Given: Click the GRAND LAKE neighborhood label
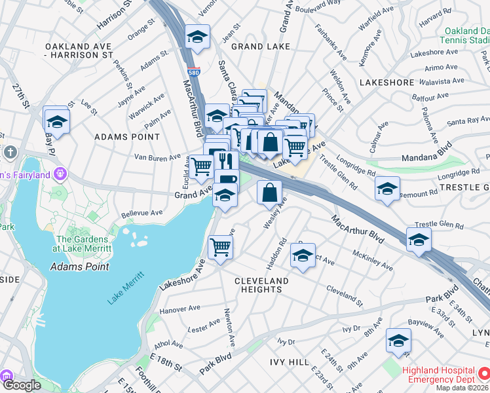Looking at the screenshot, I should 261,47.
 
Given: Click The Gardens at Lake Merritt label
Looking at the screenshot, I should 83,244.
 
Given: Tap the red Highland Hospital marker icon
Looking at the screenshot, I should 483,374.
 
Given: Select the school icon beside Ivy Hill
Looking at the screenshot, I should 398,340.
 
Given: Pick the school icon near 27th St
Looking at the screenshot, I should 57,121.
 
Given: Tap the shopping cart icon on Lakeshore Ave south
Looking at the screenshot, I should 221,248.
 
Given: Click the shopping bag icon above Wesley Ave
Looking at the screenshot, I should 269,193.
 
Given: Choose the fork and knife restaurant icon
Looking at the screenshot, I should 223,160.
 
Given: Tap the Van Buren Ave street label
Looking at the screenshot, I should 157,157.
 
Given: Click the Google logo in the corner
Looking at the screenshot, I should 22,385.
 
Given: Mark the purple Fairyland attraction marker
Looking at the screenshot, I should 61,174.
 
